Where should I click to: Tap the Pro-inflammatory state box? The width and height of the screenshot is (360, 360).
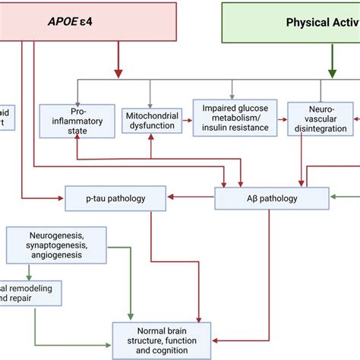tap(78, 120)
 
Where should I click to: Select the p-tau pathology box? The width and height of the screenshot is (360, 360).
tap(116, 200)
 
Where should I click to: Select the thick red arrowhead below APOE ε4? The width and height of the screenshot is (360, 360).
tap(117, 72)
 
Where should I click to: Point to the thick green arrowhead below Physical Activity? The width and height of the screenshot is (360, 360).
tap(332, 72)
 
